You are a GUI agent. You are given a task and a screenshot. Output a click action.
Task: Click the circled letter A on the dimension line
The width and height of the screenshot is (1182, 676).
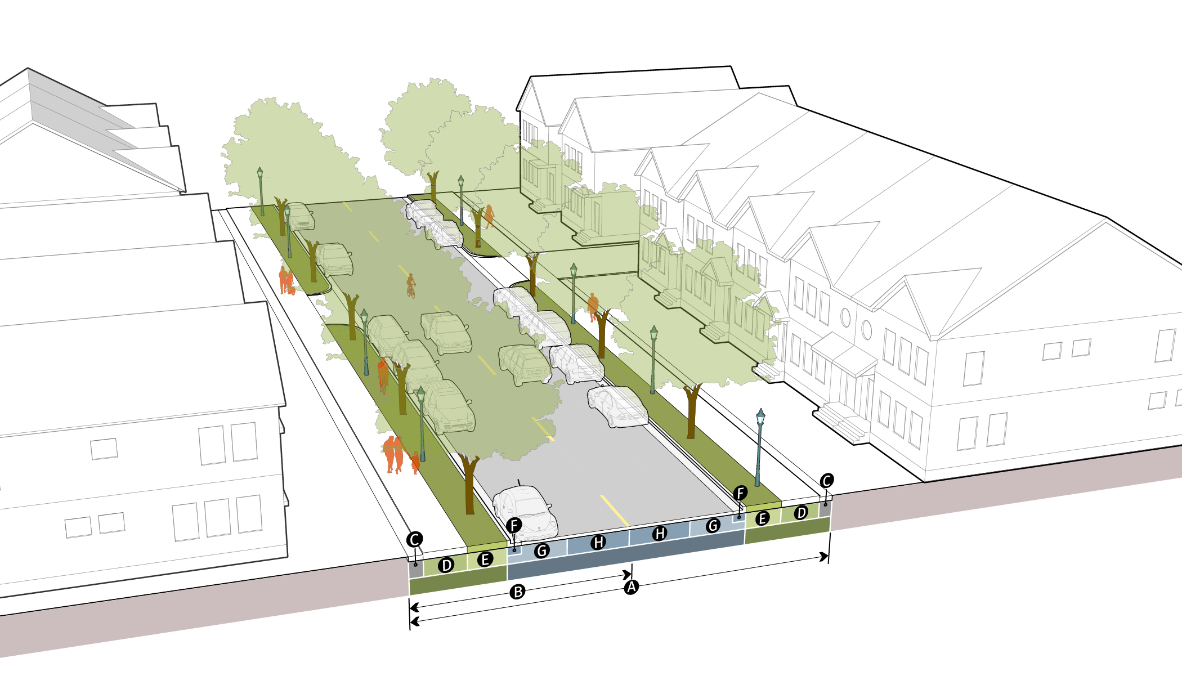point(632,587)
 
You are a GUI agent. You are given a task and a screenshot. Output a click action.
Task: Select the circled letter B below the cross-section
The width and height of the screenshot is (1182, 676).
point(517,592)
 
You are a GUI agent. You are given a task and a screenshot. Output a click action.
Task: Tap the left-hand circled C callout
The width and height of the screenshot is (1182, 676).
point(415,539)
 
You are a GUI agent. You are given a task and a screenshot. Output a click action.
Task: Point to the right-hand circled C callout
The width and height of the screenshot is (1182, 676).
point(826,481)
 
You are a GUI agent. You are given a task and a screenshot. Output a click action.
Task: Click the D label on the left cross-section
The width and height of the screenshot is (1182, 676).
point(446,565)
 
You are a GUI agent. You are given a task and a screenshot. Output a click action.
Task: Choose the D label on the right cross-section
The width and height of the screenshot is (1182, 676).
point(801,512)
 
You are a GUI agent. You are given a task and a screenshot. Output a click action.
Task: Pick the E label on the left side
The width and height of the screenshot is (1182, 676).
point(485,559)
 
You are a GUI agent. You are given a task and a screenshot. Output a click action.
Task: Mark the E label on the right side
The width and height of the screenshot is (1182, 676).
point(762,518)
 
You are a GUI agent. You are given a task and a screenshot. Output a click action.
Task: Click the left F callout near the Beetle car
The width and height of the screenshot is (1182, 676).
point(514,525)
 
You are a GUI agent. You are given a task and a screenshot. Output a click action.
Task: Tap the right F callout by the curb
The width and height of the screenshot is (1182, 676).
point(741,493)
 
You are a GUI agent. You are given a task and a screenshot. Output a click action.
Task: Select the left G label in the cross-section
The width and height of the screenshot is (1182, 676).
point(541,550)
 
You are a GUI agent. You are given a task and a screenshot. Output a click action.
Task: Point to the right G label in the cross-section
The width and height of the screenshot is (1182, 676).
point(713,525)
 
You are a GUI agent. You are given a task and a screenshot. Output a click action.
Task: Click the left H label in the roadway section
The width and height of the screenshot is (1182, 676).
point(598,542)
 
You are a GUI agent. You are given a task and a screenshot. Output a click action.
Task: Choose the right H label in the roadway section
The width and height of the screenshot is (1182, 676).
point(660,533)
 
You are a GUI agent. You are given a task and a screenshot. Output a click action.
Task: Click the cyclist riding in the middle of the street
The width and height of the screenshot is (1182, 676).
point(411,286)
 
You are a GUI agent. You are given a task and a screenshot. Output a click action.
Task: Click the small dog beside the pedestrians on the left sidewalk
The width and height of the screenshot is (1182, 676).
point(292,290)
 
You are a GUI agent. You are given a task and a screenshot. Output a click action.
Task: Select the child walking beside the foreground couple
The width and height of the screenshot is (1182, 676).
point(415,462)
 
